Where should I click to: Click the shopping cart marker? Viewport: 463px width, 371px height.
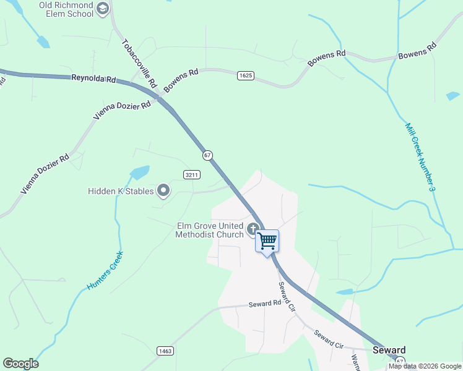[267, 241]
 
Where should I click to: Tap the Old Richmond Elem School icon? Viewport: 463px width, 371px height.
[103, 9]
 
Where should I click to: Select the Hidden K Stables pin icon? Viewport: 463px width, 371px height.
[163, 191]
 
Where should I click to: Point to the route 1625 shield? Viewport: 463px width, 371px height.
[245, 75]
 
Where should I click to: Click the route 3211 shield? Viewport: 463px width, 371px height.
[192, 175]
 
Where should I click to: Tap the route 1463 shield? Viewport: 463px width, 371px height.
[165, 351]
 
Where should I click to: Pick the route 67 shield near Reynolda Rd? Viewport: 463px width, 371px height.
[207, 155]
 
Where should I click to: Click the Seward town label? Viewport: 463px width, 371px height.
[389, 350]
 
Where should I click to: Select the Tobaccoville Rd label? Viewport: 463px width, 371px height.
[141, 64]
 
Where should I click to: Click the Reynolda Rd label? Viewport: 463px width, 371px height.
[93, 79]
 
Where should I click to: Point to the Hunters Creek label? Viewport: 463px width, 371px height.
[105, 271]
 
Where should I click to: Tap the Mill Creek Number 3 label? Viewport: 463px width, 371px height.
[420, 155]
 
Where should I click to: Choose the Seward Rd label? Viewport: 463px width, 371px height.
[265, 304]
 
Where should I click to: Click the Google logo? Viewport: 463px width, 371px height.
[20, 364]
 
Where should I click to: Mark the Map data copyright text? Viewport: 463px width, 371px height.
[425, 366]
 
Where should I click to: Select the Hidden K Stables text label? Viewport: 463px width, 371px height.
[120, 191]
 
